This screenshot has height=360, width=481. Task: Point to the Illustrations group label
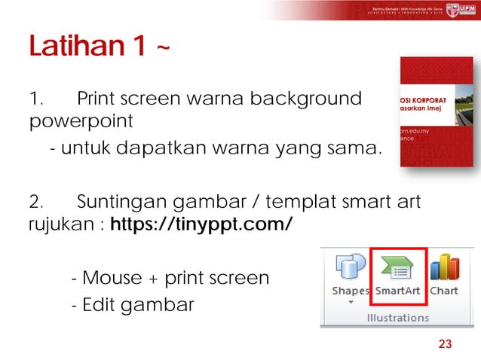click(398, 317)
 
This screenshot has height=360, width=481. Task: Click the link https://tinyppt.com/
click(201, 225)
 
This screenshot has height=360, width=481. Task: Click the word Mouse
click(112, 278)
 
